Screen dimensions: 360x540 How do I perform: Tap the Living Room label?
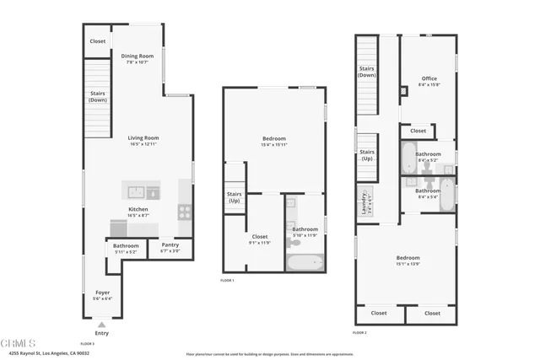143,137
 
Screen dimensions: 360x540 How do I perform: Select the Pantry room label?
170,244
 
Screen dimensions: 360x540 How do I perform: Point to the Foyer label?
101,292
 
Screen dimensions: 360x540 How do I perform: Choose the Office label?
429,78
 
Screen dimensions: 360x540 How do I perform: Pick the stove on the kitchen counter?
185,211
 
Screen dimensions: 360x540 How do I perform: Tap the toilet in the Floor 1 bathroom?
294,242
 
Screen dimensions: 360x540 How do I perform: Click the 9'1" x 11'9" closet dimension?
260,243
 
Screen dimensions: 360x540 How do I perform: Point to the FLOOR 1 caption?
228,279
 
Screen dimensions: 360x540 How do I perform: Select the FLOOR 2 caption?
360,333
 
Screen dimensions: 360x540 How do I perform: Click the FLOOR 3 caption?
87,344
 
